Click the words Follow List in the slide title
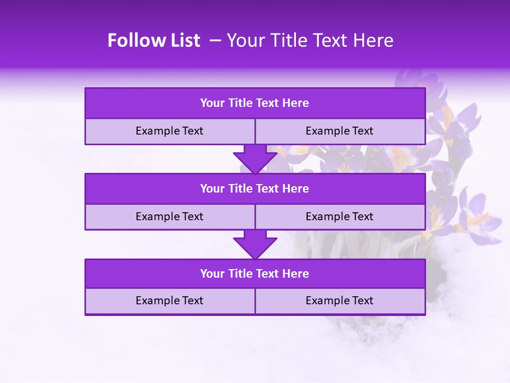click(x=154, y=40)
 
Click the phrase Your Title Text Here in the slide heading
click(x=310, y=40)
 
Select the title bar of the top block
click(x=254, y=103)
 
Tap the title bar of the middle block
click(x=254, y=188)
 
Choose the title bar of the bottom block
click(x=254, y=273)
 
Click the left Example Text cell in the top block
click(x=169, y=131)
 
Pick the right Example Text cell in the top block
click(x=339, y=131)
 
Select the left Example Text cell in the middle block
click(x=169, y=217)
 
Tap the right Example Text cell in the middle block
click(x=339, y=217)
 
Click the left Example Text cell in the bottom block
click(x=169, y=301)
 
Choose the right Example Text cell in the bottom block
click(x=339, y=301)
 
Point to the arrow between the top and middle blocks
click(x=255, y=159)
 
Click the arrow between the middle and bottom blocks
click(x=255, y=244)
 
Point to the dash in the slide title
click(x=215, y=40)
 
